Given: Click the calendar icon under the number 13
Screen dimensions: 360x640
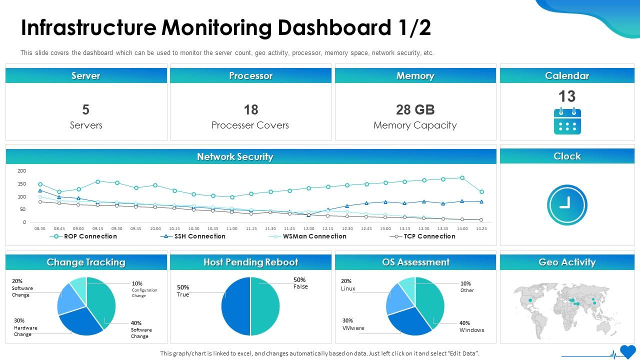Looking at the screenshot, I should click(567, 121).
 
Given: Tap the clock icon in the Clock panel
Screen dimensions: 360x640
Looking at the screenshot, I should click(567, 205).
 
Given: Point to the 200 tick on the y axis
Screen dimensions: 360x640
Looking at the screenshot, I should click(21, 171).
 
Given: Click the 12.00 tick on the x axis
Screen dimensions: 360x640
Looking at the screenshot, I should click(309, 228).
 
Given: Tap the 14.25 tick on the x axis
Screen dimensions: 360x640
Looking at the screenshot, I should click(481, 228).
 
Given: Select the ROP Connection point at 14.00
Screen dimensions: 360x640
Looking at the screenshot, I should click(462, 177).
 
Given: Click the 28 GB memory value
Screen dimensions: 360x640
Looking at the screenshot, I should click(415, 110).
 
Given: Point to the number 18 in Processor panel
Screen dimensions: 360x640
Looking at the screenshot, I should click(250, 110).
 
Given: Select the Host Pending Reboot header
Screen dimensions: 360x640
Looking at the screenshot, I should click(250, 262).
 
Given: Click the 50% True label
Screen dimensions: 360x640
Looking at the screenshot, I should click(183, 291).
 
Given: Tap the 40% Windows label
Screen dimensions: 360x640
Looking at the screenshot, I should click(471, 326).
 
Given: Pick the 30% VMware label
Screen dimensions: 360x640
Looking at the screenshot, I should click(353, 324).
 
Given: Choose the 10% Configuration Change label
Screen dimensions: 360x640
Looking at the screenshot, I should click(144, 289).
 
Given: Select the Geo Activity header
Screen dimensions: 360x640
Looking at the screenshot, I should click(567, 262).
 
